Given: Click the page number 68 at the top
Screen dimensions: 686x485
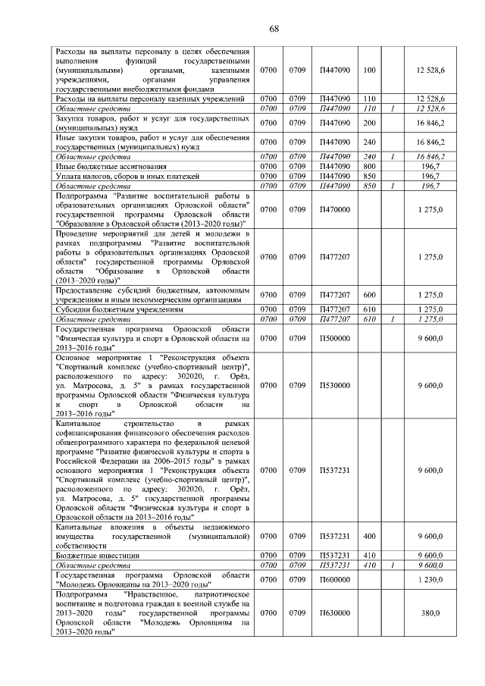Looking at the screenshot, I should [274, 29].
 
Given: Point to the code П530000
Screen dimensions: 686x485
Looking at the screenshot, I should [334, 385].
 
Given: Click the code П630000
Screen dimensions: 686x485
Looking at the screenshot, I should [334, 612].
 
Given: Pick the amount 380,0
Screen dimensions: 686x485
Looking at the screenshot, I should [430, 612].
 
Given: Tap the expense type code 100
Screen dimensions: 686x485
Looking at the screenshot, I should [370, 70].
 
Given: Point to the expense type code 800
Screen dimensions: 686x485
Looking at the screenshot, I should [370, 165].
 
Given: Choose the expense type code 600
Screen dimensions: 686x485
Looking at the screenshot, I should [370, 294].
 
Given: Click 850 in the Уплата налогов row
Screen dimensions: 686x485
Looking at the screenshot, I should [370, 176].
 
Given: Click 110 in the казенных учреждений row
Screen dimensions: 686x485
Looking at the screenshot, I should [370, 99].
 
